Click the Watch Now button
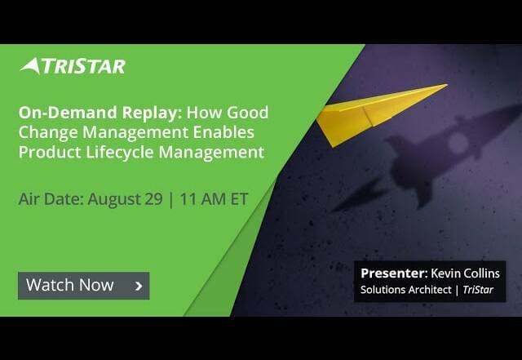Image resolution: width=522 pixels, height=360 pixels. [83, 286]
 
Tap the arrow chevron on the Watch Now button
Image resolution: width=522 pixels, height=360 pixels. [139, 286]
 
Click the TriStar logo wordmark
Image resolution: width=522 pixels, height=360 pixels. [83, 66]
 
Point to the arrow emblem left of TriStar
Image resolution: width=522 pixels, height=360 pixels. [31, 65]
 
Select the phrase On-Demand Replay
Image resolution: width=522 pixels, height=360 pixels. [100, 113]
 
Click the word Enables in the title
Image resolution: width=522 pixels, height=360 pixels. [223, 132]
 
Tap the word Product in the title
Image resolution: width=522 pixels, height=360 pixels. [50, 153]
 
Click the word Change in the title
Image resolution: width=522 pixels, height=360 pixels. [48, 132]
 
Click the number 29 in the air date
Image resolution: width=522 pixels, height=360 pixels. [154, 199]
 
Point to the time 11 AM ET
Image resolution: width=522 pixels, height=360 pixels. [214, 199]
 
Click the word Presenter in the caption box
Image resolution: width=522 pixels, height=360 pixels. [393, 273]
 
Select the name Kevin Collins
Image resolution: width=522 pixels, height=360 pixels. [466, 273]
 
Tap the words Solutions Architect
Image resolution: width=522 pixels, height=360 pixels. [406, 289]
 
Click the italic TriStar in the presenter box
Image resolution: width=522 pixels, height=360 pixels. [478, 289]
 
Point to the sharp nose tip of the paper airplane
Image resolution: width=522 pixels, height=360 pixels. [447, 85]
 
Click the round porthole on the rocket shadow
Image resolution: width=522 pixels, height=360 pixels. [458, 143]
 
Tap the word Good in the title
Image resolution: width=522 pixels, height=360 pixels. [248, 113]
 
